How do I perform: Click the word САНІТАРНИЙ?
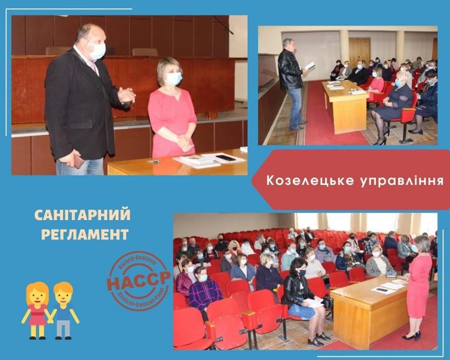coord(82,215)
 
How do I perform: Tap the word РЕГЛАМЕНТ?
coord(85,234)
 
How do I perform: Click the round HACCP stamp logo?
coord(139,280)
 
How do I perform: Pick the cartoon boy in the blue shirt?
coord(64,310)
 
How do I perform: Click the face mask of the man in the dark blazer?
coord(97,51)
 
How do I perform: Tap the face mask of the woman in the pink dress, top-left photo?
coord(174,78)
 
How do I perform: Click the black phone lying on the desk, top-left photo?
coord(226,158)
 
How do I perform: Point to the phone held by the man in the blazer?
coord(78,162)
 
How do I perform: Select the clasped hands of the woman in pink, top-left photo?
coord(184,142)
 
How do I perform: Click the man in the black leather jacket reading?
coord(291,84)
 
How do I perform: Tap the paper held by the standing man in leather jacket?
coord(310,66)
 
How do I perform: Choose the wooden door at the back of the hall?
coord(359,53)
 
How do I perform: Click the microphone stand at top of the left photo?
coord(223,25)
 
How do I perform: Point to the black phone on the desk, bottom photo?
coord(382,290)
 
